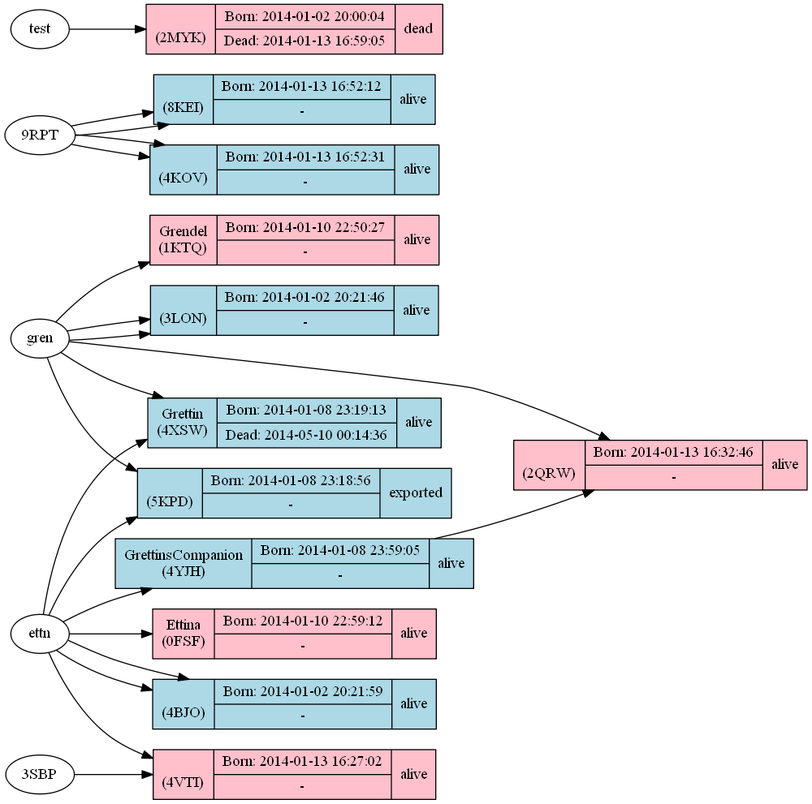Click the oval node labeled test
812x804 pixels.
coord(39,29)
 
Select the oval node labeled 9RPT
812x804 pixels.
coord(39,135)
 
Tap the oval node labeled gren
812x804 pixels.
coord(39,339)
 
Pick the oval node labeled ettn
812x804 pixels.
coord(39,634)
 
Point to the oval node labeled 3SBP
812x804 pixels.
coord(39,774)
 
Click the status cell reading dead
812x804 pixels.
coord(418,29)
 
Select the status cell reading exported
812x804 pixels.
coord(415,492)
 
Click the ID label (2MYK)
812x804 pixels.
coord(181,37)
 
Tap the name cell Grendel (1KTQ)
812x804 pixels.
coord(184,239)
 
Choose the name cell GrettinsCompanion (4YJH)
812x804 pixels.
coord(184,563)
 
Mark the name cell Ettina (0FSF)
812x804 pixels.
coord(184,634)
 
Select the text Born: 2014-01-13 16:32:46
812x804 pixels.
coord(673,452)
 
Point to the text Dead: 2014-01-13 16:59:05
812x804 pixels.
coord(304,41)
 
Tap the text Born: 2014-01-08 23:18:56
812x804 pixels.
coord(291,480)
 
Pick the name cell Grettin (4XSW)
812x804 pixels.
coord(183,422)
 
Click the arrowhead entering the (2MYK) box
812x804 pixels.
coord(140,29)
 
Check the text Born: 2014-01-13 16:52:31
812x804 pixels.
coord(305,157)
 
